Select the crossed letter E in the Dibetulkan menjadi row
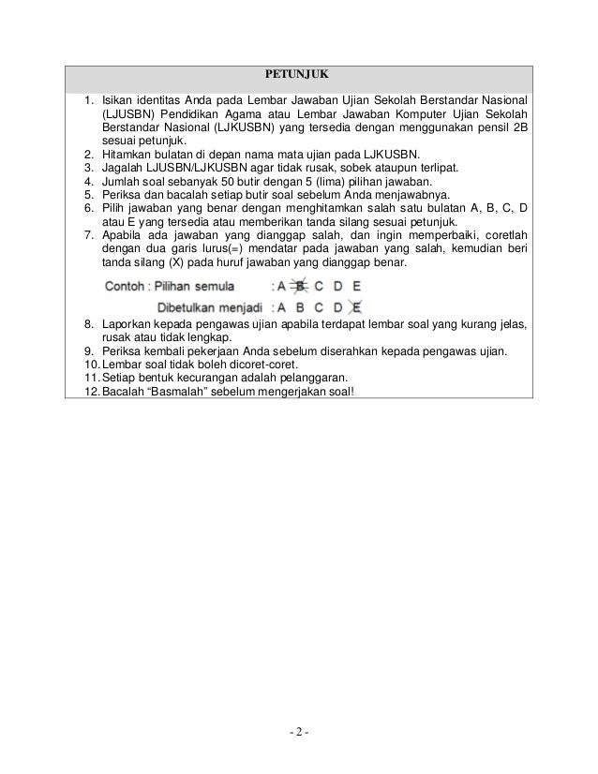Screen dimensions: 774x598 click(x=357, y=305)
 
